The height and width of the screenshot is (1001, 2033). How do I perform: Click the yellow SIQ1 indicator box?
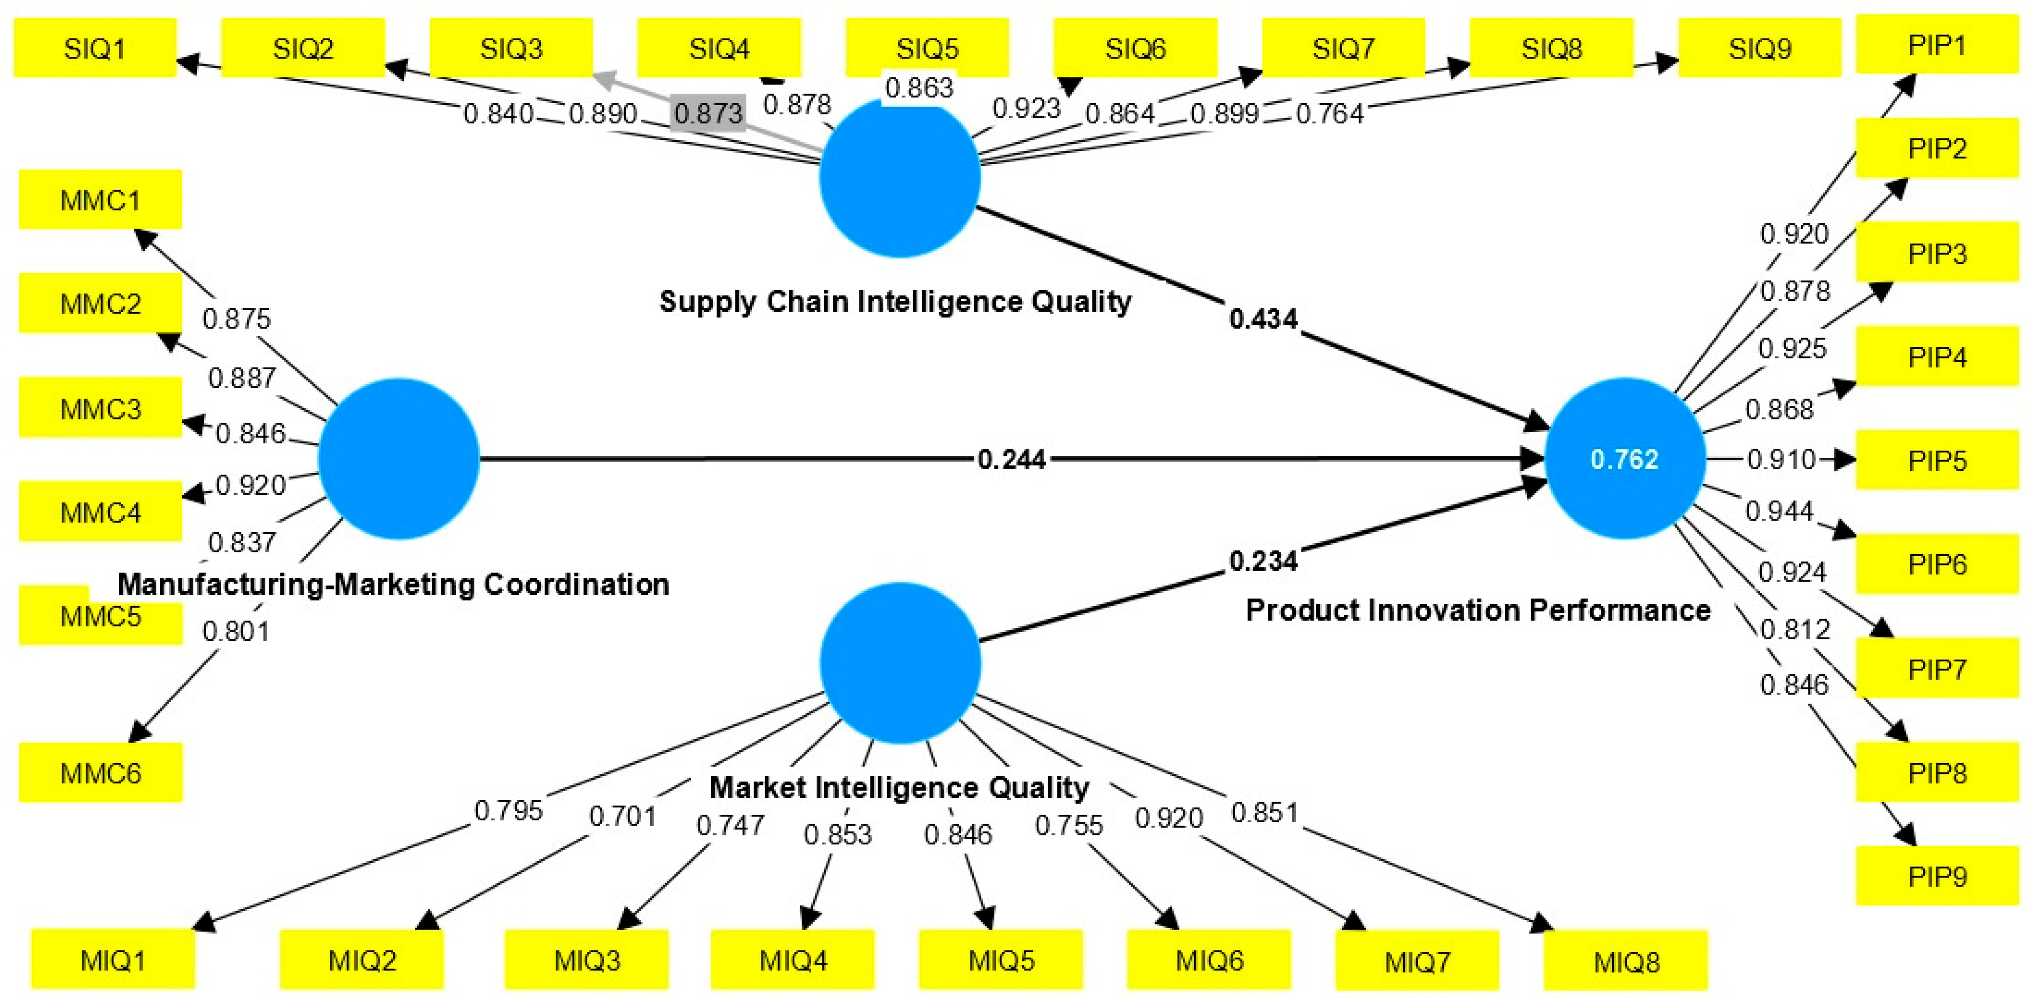pos(95,49)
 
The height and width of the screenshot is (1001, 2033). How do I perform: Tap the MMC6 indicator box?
pos(101,773)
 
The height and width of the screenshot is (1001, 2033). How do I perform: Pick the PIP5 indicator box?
pos(1937,461)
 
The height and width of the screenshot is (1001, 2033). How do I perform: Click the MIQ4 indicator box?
pos(793,960)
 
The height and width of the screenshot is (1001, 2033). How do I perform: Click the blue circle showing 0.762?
pos(1624,459)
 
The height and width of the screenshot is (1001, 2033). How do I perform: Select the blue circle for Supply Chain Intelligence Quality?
pos(900,177)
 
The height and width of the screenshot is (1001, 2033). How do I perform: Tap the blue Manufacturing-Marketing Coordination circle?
pos(399,459)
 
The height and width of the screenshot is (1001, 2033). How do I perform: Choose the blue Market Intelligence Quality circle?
pos(900,662)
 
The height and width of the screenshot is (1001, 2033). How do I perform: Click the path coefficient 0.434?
pos(1263,320)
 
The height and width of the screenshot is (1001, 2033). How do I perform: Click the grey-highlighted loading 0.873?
pos(708,113)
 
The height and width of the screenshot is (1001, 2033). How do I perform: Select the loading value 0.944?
pos(1779,511)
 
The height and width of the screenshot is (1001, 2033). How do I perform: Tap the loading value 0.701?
pos(623,816)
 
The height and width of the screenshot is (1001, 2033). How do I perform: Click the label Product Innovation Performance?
pos(1477,610)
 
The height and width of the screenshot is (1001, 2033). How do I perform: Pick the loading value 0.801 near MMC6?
pos(236,631)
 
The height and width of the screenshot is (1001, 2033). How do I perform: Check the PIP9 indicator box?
pos(1937,876)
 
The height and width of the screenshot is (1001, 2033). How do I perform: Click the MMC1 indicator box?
pos(101,200)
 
